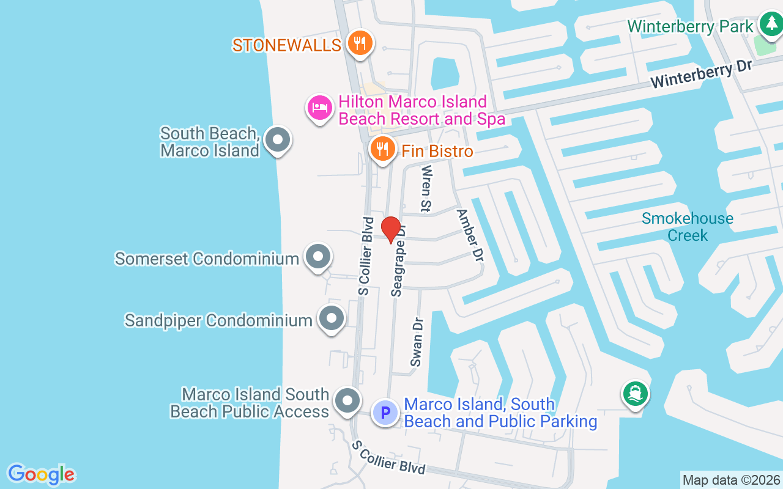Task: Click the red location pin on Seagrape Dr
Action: click(x=391, y=229)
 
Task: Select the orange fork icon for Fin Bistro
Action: click(x=382, y=149)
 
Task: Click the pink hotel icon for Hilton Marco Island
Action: click(x=319, y=108)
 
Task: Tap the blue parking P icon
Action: click(x=385, y=412)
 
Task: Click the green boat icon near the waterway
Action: click(x=636, y=393)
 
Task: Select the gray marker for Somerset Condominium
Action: click(x=317, y=257)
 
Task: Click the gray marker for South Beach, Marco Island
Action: click(x=278, y=139)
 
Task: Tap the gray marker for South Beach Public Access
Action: click(x=348, y=402)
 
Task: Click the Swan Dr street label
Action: click(x=417, y=342)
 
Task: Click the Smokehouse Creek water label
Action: click(x=688, y=227)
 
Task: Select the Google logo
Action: click(x=41, y=474)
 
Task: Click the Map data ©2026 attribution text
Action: click(x=731, y=480)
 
